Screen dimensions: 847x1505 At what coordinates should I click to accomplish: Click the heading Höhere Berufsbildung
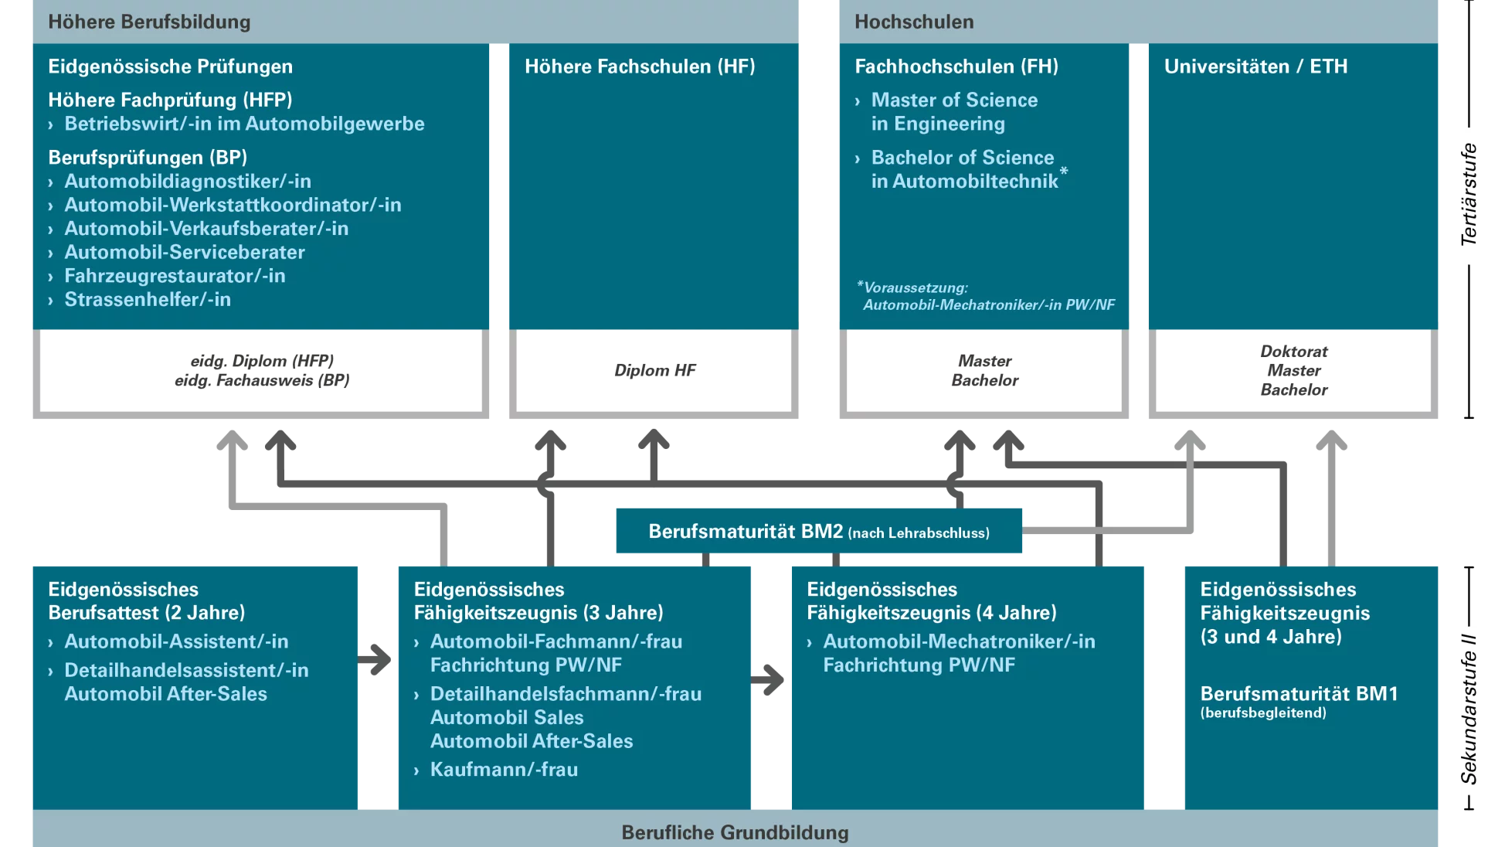(149, 22)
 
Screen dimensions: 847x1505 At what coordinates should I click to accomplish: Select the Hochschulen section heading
(914, 22)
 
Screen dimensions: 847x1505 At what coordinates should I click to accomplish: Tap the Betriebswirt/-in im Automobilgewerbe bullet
(244, 124)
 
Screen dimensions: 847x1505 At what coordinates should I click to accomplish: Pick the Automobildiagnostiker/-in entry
(188, 182)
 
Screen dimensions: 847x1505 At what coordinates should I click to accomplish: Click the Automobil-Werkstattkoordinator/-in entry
(233, 205)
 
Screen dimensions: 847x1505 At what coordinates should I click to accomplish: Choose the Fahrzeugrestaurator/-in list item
(175, 276)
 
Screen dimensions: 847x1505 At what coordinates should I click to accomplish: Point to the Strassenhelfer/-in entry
(148, 300)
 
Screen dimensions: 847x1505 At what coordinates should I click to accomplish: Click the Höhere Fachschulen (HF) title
(640, 66)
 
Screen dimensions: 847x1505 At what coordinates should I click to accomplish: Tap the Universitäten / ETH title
(1255, 66)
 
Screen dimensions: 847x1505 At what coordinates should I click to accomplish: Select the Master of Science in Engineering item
(953, 112)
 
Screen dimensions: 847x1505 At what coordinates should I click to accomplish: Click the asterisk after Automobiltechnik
(1064, 172)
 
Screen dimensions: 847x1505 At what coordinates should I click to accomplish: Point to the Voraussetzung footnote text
(987, 296)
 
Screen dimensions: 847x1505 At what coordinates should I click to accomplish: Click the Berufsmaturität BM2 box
(818, 532)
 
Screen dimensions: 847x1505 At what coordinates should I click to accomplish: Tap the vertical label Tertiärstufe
(1468, 195)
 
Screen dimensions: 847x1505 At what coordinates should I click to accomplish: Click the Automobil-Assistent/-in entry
(176, 641)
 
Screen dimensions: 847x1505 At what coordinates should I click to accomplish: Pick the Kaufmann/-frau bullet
(504, 770)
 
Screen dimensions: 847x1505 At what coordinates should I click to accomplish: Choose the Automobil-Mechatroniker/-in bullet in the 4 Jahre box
(958, 653)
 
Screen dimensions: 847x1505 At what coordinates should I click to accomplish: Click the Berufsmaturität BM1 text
(1299, 694)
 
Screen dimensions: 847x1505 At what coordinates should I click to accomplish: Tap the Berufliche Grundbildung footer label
(735, 832)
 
